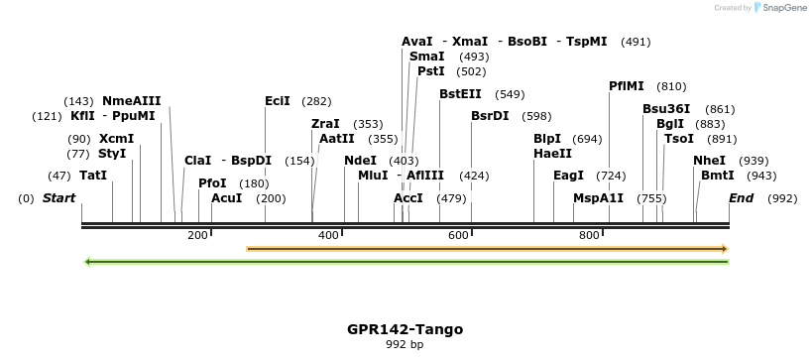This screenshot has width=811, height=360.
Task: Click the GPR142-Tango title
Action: coord(405,329)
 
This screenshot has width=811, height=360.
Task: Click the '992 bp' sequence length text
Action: coord(405,345)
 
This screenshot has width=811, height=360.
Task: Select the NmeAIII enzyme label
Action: coord(131,100)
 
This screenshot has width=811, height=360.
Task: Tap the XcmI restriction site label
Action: coord(116,139)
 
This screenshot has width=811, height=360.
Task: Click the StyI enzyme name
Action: coord(111,154)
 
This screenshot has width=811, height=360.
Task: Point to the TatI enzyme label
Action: coord(93,176)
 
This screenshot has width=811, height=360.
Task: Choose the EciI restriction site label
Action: coord(278,101)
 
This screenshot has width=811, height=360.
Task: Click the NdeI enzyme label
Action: coord(360,161)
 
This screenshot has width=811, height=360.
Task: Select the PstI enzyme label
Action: coord(430,71)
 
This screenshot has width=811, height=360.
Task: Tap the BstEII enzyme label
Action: coord(460,94)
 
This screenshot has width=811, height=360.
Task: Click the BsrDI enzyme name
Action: coord(490,116)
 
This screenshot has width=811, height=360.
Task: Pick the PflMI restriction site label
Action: coord(627,86)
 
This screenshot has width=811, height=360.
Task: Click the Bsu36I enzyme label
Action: coord(666,109)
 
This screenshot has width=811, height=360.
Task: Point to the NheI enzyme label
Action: coord(709,161)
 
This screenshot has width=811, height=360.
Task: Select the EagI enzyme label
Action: coord(568,176)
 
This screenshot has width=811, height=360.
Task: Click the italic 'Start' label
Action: coord(58,198)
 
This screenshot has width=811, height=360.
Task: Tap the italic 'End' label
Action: coord(741,198)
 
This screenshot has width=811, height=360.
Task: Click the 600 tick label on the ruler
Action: coord(458,235)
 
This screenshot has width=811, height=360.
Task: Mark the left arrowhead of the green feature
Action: coord(89,262)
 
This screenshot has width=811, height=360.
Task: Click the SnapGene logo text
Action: coord(783,8)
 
